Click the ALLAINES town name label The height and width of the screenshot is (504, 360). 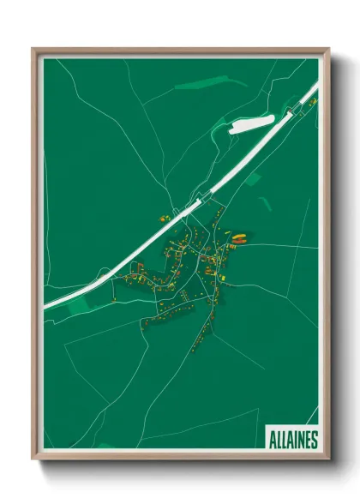click(291, 440)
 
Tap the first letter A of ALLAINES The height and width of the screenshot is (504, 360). click(271, 440)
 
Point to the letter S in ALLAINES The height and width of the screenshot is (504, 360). click(313, 440)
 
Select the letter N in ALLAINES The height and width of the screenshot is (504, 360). click(299, 440)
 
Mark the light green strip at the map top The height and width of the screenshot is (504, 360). click(198, 84)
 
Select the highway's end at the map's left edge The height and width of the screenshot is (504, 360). click(47, 304)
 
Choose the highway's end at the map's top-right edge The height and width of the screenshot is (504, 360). click(315, 85)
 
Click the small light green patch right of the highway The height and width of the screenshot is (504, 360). click(254, 178)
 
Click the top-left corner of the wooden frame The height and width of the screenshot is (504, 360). click(34, 50)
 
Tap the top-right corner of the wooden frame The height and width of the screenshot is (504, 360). click(327, 50)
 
